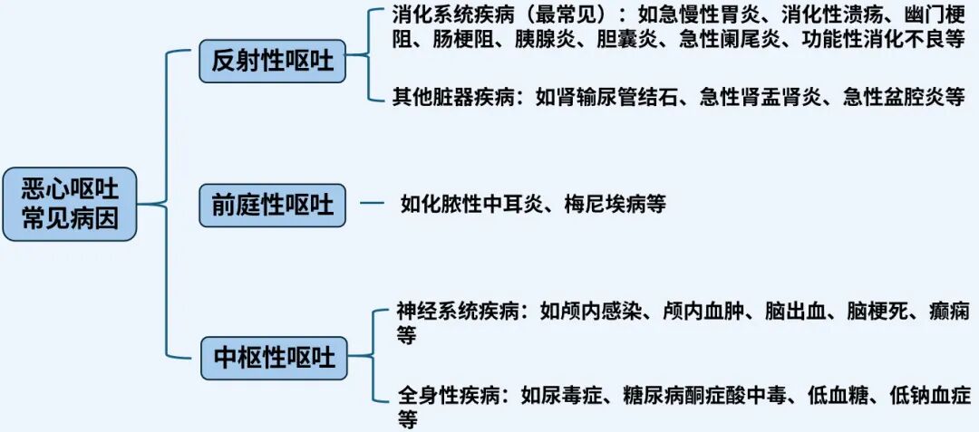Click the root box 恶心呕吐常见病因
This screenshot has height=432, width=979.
click(70, 204)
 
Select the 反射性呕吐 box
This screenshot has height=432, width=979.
click(272, 62)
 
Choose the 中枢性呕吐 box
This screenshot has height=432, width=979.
click(273, 358)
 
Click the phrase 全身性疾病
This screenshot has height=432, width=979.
click(445, 395)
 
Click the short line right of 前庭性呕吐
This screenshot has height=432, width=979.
click(372, 204)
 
